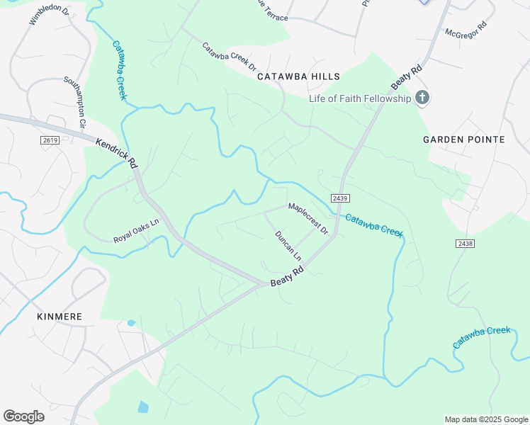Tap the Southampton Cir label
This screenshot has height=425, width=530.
pyautogui.click(x=75, y=101)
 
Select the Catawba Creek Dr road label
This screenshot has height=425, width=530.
pyautogui.click(x=229, y=57)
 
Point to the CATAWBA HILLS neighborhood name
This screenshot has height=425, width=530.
pyautogui.click(x=298, y=76)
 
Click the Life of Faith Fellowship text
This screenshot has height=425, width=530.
pyautogui.click(x=360, y=98)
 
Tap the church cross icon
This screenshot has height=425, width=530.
pyautogui.click(x=422, y=97)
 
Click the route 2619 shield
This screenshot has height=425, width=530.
pyautogui.click(x=50, y=140)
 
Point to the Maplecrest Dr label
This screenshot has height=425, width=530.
pyautogui.click(x=308, y=219)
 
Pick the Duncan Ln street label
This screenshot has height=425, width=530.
pyautogui.click(x=288, y=244)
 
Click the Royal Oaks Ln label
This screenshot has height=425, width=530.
pyautogui.click(x=136, y=230)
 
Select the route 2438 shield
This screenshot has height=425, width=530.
pyautogui.click(x=465, y=243)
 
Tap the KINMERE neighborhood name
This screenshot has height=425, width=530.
pyautogui.click(x=60, y=317)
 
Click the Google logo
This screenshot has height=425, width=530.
pyautogui.click(x=24, y=416)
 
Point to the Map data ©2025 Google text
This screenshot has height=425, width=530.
pyautogui.click(x=485, y=419)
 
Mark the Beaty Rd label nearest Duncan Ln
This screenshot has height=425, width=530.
pyautogui.click(x=287, y=277)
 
